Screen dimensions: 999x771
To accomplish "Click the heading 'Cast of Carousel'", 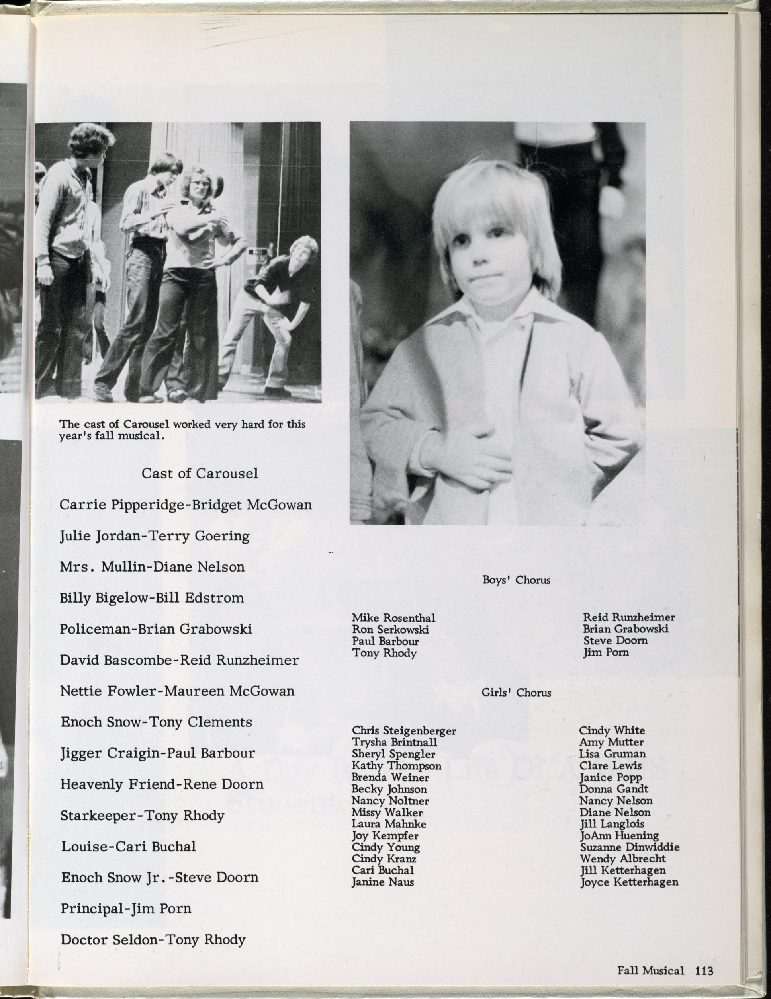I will tap(200, 473).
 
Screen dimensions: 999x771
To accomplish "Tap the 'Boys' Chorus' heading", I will tap(516, 580).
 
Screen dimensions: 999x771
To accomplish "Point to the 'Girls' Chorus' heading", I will tap(516, 693).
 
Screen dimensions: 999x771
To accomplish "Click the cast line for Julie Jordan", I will tap(155, 536).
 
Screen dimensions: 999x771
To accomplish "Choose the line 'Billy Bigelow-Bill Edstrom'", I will tap(151, 598).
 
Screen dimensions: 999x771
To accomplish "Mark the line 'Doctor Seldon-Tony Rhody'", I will tap(153, 940).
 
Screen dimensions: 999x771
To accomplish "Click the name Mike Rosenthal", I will tap(393, 618).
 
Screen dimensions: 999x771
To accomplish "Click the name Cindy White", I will tap(612, 730).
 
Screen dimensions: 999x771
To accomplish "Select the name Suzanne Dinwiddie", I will tap(630, 847).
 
